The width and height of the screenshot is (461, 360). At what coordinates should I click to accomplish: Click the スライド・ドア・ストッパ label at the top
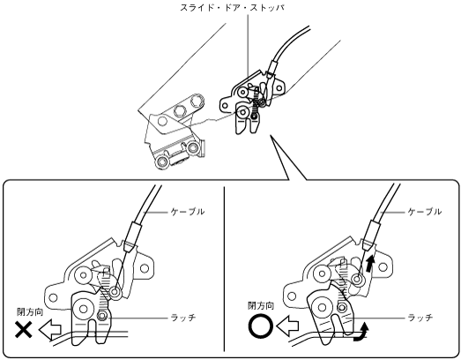coord(233,8)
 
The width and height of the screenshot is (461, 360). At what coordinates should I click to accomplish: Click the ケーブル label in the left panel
coord(187,212)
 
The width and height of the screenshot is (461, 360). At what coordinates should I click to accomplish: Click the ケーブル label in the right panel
coord(424,212)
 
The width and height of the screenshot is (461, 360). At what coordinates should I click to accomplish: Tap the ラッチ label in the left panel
coord(183,318)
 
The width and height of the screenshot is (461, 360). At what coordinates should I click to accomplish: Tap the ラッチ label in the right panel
coord(420,318)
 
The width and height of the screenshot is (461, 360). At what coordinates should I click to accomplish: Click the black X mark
coord(24,330)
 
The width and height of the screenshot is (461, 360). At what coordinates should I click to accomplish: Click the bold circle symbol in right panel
coord(261,326)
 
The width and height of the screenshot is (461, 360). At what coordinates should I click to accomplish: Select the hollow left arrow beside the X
coord(50,330)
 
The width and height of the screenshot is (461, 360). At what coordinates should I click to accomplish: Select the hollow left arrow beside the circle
coord(287,326)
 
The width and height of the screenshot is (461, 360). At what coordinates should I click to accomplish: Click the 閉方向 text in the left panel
coord(30,312)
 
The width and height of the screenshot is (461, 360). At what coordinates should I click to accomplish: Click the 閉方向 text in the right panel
coord(261,306)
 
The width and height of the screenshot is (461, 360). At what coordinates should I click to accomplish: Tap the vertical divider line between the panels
coord(224,269)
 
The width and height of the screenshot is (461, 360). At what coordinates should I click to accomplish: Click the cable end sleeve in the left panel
coord(132,237)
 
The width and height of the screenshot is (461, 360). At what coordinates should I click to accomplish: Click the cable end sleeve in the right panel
coord(369,235)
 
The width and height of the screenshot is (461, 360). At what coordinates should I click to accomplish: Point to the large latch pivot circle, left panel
coord(83,309)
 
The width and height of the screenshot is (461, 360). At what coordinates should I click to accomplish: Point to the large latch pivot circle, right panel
coord(322,308)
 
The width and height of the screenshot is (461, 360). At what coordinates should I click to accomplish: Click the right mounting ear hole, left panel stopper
coord(144,268)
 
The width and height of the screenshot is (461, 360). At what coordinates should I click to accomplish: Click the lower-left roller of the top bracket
coord(161,161)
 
